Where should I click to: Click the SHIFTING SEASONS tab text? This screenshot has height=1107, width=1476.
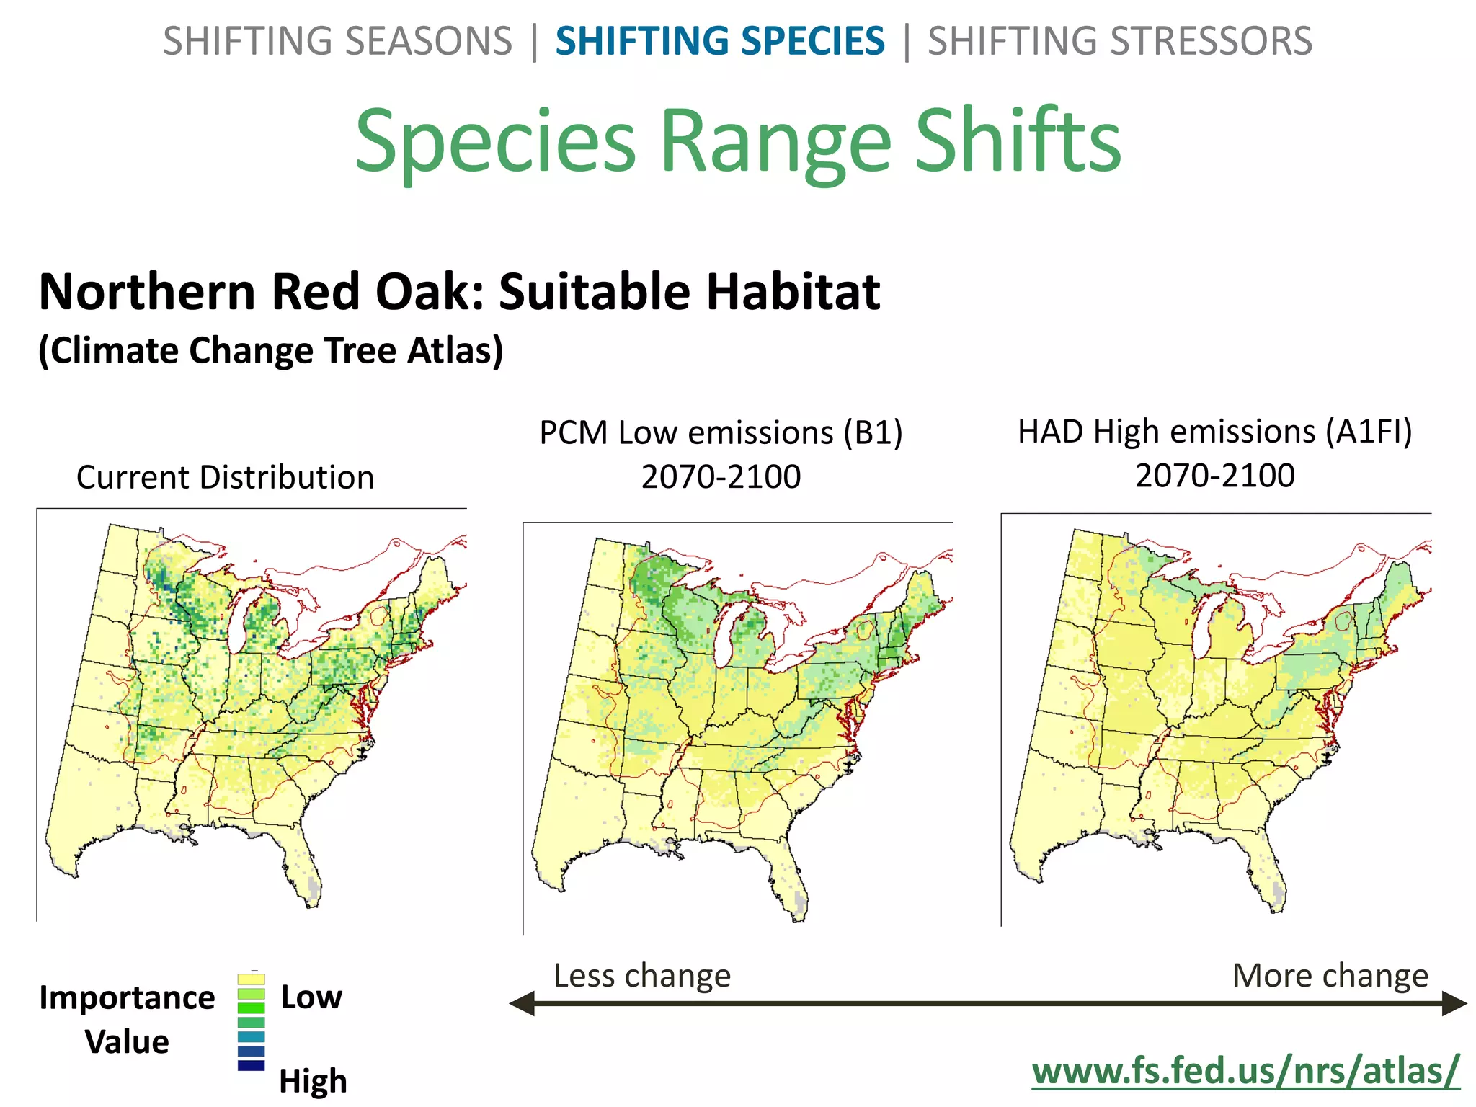coord(337,41)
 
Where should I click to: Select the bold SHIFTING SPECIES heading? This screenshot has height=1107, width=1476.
coord(719,41)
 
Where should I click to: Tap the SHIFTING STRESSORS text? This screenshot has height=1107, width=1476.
coord(1119,41)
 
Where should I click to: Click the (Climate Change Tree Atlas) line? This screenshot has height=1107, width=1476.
coord(270,351)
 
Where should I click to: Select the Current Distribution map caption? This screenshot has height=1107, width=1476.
coord(225,477)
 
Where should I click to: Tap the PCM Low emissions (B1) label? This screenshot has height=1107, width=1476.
coord(721,433)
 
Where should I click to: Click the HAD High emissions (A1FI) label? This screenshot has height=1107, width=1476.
coord(1215,432)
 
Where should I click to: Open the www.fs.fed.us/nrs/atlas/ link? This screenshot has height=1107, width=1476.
coord(1245,1070)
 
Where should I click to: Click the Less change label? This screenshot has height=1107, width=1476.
coord(642,976)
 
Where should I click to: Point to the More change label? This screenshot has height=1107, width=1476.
coord(1330,976)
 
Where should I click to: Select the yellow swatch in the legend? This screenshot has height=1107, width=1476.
coord(251,979)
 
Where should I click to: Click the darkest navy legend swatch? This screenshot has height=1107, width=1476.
coord(251,1065)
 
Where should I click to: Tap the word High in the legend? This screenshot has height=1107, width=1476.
coord(313,1081)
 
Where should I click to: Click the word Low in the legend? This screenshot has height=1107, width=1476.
coord(311,997)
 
